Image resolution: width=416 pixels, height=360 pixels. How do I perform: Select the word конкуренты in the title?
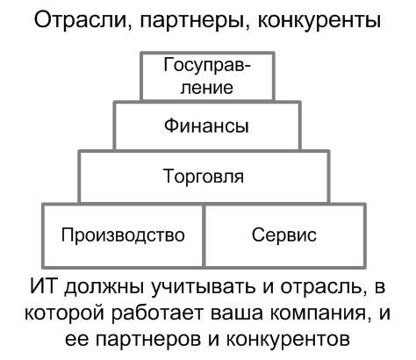pyautogui.click(x=319, y=20)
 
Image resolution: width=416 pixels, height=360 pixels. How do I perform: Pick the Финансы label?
pyautogui.click(x=206, y=126)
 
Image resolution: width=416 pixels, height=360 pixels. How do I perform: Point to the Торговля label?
pyautogui.click(x=204, y=176)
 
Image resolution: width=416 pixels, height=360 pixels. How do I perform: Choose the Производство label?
pyautogui.click(x=123, y=235)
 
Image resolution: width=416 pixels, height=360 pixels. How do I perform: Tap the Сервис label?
pyautogui.click(x=284, y=234)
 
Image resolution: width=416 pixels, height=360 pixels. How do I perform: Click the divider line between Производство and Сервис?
pyautogui.click(x=204, y=235)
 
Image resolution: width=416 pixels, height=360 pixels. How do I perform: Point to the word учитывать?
pyautogui.click(x=204, y=287)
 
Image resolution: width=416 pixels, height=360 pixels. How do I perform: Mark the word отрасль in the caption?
pyautogui.click(x=324, y=287)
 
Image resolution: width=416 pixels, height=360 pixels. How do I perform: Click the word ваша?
pyautogui.click(x=235, y=313)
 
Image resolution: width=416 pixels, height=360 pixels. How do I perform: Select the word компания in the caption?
pyautogui.click(x=318, y=313)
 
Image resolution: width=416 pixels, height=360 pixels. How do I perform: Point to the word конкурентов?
pyautogui.click(x=288, y=340)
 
